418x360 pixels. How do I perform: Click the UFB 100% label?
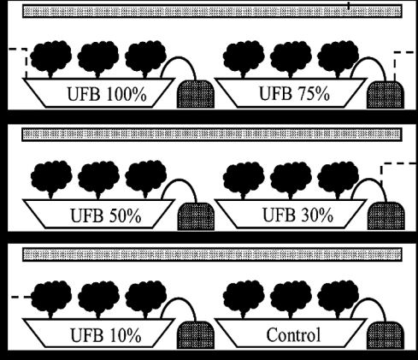click(x=107, y=94)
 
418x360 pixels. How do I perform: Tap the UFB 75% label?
click(x=294, y=93)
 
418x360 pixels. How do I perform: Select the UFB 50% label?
click(x=106, y=215)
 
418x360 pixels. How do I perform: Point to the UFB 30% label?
click(x=297, y=215)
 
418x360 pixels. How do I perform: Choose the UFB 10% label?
click(x=106, y=335)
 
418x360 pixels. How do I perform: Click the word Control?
click(x=293, y=334)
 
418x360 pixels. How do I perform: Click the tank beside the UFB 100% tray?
click(x=196, y=94)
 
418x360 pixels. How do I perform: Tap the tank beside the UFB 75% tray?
click(x=386, y=94)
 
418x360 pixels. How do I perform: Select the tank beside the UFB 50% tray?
click(x=196, y=216)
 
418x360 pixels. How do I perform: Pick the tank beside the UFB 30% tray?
click(x=386, y=215)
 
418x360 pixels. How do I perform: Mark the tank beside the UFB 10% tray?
click(x=196, y=335)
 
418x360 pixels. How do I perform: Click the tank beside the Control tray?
click(x=386, y=335)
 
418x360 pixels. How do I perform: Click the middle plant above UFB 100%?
click(x=98, y=59)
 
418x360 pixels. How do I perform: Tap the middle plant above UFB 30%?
click(x=291, y=180)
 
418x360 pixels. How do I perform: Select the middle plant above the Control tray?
click(x=291, y=299)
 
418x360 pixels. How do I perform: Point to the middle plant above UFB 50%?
click(x=98, y=180)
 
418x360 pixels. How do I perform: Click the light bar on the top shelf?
click(x=212, y=11)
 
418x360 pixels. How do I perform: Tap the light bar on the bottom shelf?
click(x=212, y=255)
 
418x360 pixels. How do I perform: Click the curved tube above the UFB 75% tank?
click(x=369, y=58)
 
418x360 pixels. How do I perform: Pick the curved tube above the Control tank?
click(x=369, y=298)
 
